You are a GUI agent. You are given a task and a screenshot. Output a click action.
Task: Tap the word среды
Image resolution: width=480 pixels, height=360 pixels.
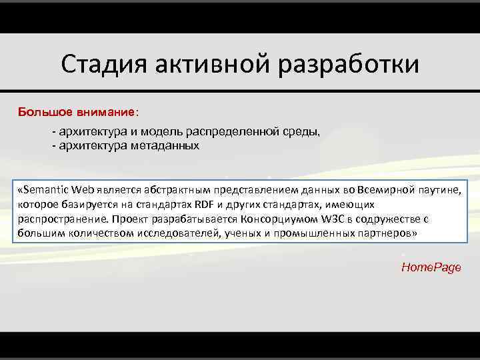[x=300, y=132]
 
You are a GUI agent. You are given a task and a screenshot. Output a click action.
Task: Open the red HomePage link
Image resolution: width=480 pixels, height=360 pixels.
[x=431, y=267]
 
